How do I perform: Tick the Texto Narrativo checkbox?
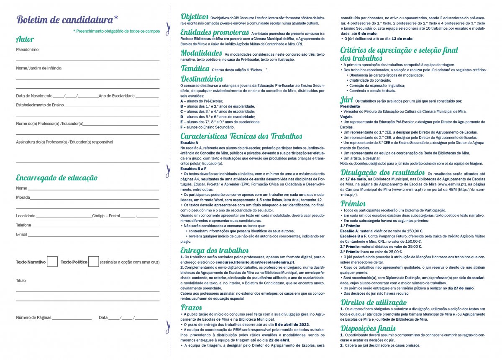(52, 262)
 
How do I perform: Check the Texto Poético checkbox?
(94, 262)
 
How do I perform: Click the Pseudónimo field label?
(27, 49)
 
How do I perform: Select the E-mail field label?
(22, 234)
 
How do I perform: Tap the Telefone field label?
(24, 225)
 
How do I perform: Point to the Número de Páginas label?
(33, 318)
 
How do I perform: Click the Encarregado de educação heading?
(56, 178)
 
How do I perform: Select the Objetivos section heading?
(195, 17)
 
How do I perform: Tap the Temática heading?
(195, 68)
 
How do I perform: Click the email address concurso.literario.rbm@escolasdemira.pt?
(255, 262)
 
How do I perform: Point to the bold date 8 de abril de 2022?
(292, 324)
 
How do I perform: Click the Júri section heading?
(346, 100)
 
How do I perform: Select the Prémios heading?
(353, 203)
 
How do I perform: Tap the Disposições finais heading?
(368, 328)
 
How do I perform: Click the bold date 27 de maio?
(464, 288)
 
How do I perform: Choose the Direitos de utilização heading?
(373, 302)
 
